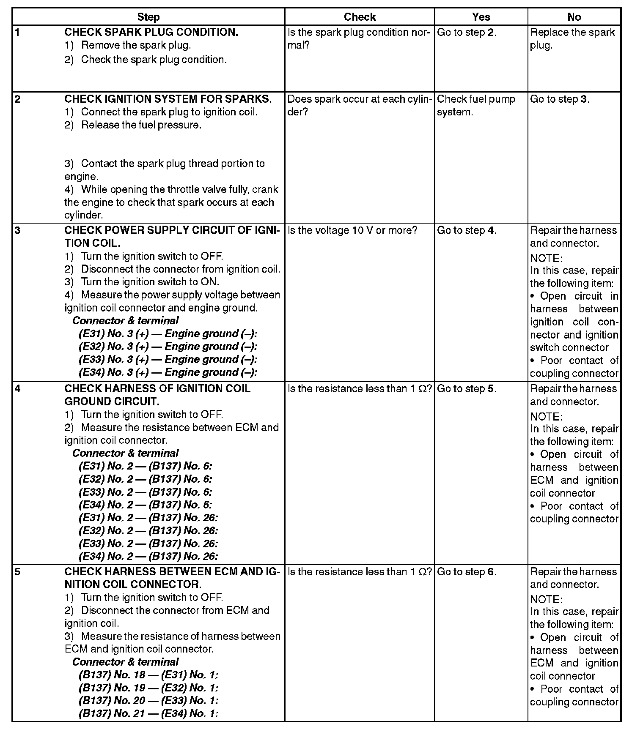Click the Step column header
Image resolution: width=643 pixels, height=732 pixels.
click(x=148, y=17)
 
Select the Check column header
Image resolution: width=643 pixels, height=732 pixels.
click(x=360, y=17)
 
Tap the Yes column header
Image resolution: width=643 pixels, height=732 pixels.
click(x=481, y=17)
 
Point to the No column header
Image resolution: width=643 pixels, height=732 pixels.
click(x=574, y=17)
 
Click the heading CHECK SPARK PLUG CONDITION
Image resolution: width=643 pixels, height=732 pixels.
click(x=151, y=33)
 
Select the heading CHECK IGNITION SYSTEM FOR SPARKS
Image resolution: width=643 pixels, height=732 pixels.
click(x=168, y=99)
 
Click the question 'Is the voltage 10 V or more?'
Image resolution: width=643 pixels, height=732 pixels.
click(x=352, y=230)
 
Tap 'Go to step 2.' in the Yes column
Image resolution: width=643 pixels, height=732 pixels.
click(x=467, y=33)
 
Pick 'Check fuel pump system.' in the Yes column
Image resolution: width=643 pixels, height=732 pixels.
click(x=476, y=105)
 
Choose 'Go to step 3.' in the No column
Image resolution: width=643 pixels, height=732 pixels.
click(x=560, y=99)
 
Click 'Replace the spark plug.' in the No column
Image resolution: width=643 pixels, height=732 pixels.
click(x=572, y=39)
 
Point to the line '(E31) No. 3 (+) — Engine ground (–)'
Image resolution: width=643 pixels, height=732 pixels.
click(x=168, y=333)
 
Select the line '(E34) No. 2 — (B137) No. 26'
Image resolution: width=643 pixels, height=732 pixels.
click(x=148, y=556)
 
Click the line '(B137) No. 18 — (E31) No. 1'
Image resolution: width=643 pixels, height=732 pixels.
click(x=148, y=675)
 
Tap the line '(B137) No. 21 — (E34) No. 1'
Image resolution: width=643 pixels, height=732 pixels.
click(x=148, y=713)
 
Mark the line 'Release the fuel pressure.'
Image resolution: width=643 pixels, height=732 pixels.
click(x=141, y=125)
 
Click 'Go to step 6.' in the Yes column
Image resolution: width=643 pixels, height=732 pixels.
click(x=467, y=572)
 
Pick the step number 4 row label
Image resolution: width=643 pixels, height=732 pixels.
click(x=18, y=388)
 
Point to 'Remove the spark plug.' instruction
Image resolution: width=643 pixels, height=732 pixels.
click(x=136, y=46)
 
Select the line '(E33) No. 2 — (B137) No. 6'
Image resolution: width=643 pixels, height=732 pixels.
click(x=145, y=492)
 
